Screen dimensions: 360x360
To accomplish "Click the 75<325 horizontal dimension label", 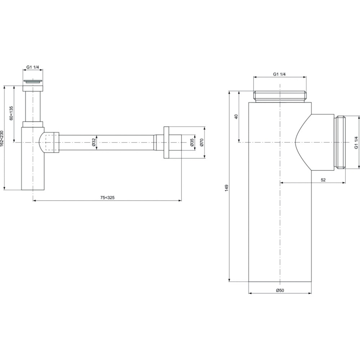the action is tap(107, 197).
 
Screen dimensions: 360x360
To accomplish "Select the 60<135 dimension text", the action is tap(11, 113).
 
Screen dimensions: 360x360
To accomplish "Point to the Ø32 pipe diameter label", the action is tap(94, 142).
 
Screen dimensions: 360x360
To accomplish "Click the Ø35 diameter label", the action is tap(192, 142).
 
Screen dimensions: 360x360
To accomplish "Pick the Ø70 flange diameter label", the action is tap(202, 142).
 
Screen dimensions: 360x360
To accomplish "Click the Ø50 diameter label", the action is tap(280, 290).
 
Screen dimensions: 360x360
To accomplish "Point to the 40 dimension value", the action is tap(237, 116).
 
